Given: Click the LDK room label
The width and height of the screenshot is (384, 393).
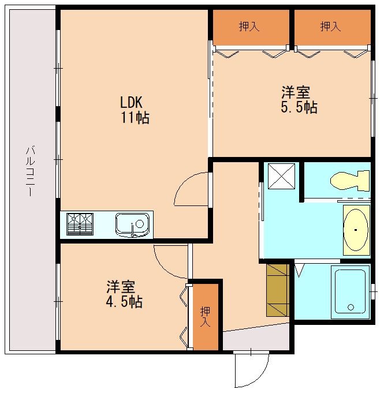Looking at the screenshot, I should (x=131, y=103).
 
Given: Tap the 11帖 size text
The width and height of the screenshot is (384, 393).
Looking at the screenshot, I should (x=135, y=118).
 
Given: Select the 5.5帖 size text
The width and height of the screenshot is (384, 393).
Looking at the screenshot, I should (x=299, y=107).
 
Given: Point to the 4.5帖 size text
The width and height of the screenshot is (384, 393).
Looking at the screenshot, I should (x=124, y=301).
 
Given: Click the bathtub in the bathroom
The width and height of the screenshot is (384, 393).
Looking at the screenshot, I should (x=350, y=291).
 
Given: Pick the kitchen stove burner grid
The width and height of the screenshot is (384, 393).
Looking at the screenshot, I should (x=80, y=224).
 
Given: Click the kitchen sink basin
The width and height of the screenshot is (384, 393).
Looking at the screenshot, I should (x=132, y=224).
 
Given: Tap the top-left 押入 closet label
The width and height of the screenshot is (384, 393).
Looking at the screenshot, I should (x=249, y=27).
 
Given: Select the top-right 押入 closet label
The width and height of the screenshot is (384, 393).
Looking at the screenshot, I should (x=330, y=27).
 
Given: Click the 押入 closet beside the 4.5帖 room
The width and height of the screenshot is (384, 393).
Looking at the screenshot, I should (x=205, y=316).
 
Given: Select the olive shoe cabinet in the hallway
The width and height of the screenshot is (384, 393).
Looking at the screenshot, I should (x=277, y=290).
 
